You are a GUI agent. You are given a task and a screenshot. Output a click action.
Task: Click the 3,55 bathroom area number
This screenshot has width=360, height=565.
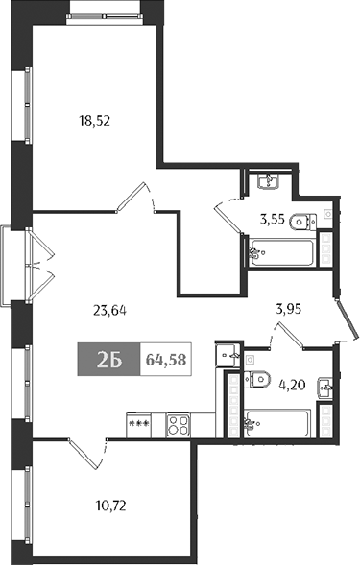click(274, 217)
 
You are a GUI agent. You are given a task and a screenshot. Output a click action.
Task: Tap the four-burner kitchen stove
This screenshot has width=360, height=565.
click(179, 423)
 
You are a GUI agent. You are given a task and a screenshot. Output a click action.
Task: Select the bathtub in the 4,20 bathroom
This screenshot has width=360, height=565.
click(276, 421)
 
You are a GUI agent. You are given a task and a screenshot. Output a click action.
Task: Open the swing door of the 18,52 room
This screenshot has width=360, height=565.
click(133, 197)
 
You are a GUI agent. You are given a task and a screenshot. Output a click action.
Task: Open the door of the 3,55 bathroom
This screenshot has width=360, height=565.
click(227, 213)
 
